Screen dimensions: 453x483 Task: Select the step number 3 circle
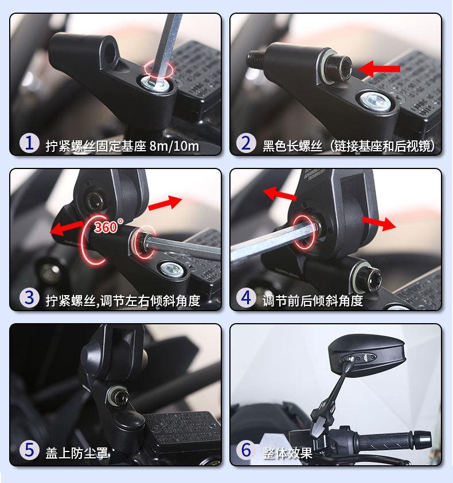tap(29, 297)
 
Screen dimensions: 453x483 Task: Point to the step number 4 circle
tap(246, 297)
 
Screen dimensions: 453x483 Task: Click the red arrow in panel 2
tap(379, 69)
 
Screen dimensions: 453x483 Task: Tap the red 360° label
tap(108, 226)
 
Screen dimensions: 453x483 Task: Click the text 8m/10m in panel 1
tap(174, 146)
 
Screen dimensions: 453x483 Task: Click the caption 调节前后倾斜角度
tap(313, 301)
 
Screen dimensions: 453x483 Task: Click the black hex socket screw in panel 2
tap(338, 68)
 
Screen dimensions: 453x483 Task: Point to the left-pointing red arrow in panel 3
tap(67, 228)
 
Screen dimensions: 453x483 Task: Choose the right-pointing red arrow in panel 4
tap(379, 223)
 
